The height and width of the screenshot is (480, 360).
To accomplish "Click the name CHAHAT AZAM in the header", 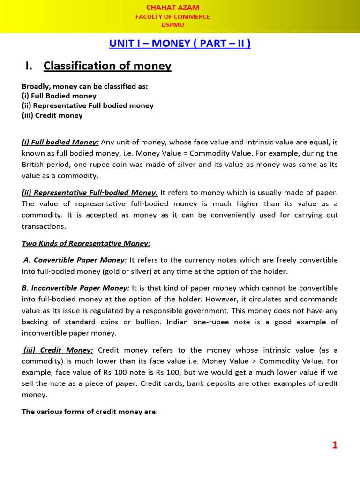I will [x=172, y=7].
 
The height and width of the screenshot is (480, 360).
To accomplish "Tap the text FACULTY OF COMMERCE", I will [x=172, y=16].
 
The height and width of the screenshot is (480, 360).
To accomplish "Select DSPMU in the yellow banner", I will [x=172, y=24].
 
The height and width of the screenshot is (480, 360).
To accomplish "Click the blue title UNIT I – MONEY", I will [x=180, y=44].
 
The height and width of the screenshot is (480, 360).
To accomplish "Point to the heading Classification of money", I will [x=107, y=66].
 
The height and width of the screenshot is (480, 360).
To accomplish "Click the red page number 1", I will [x=335, y=445].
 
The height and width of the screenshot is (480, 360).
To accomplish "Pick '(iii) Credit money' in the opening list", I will [x=52, y=115].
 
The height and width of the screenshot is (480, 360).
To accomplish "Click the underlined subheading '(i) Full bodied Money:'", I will [x=60, y=142].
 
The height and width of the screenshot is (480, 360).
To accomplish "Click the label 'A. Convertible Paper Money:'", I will [x=75, y=260].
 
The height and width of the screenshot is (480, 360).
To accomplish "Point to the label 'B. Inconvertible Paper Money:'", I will [x=75, y=288].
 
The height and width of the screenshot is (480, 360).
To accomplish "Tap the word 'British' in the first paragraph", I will [x=34, y=165].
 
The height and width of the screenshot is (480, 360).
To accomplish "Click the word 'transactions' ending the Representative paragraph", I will [x=44, y=226].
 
